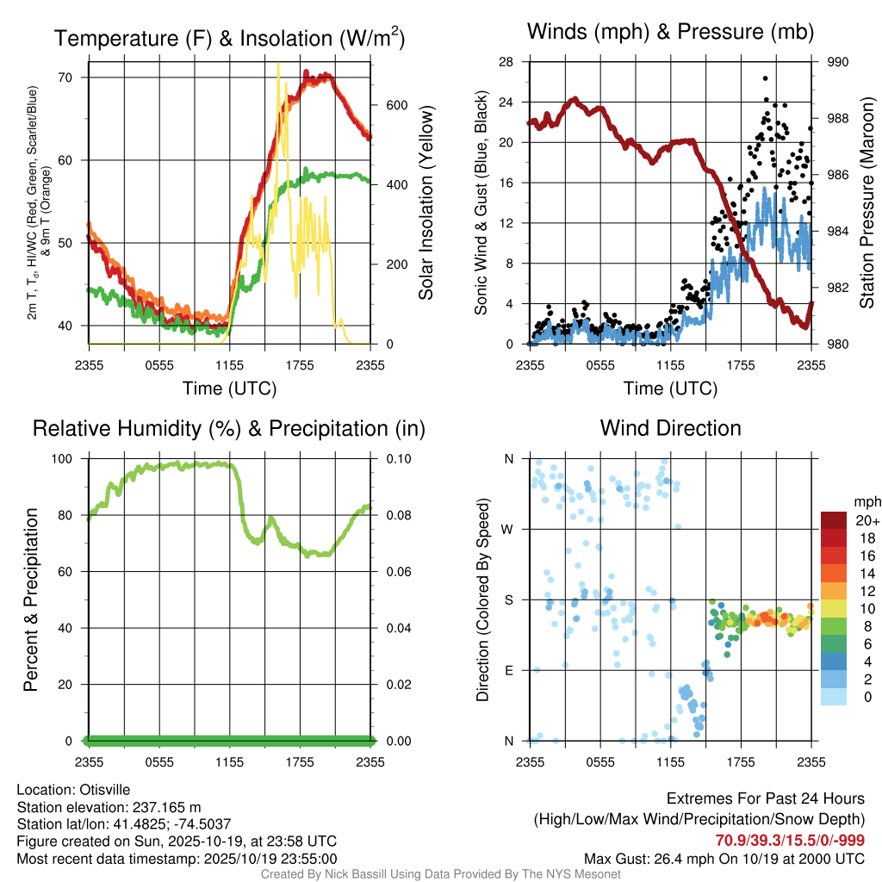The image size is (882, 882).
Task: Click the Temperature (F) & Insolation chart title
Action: tap(229, 39)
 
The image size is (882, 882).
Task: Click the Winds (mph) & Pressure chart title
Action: tap(670, 33)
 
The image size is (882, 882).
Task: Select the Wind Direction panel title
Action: tap(670, 428)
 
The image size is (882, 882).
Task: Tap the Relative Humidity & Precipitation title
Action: tap(229, 428)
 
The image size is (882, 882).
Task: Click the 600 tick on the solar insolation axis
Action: tap(385, 105)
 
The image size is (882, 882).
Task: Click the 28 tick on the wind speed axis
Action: tap(507, 62)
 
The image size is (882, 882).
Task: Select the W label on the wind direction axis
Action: tap(509, 529)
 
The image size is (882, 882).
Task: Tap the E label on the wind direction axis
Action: tap(509, 670)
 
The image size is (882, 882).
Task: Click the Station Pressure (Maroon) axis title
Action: tap(867, 202)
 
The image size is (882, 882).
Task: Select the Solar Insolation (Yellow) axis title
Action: tap(425, 202)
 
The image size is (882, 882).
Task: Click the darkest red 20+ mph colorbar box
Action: tap(835, 520)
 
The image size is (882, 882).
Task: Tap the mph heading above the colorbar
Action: tap(866, 501)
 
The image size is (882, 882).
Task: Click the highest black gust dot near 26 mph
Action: tap(765, 78)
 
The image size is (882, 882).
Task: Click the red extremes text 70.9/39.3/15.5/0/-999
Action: tap(790, 840)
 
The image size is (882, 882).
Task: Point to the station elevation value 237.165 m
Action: tap(165, 807)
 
